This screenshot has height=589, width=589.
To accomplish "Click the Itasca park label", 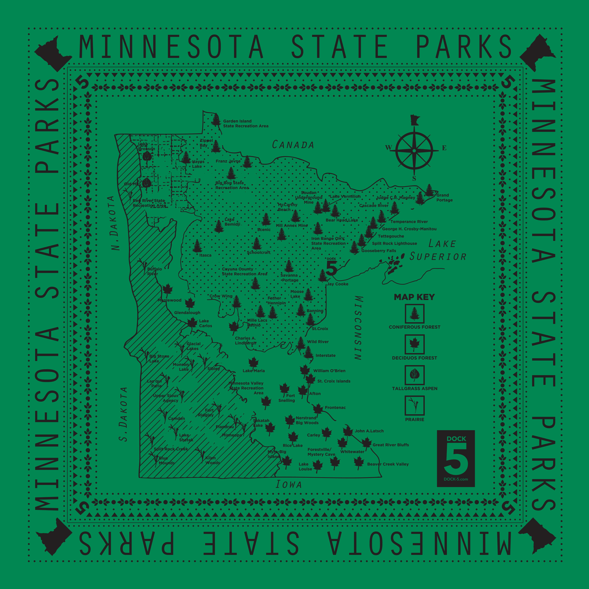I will tap(205, 255).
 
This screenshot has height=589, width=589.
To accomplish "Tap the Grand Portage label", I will tap(444, 198).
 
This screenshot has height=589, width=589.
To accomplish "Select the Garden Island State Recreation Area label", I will tap(245, 123).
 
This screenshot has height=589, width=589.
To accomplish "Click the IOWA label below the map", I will tap(288, 484).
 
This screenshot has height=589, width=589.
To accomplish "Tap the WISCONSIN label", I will tap(359, 328).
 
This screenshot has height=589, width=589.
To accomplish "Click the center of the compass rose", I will tap(414, 150).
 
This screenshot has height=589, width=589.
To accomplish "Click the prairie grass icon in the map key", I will tap(414, 405).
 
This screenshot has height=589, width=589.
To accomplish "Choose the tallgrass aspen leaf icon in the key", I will tap(414, 375).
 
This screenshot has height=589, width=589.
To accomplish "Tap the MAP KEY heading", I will tap(414, 297).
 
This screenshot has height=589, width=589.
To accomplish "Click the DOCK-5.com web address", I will tap(455, 479).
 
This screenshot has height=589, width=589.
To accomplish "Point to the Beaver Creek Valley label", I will tap(388, 464).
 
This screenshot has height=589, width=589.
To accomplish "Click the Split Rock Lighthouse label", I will tap(394, 243).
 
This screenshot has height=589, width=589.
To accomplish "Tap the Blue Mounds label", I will tap(167, 460).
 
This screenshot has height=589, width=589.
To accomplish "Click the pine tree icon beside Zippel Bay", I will tap(216, 147).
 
